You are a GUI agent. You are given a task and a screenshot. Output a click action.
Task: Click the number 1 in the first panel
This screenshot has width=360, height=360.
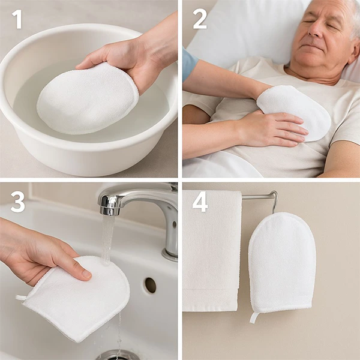coord(17,19)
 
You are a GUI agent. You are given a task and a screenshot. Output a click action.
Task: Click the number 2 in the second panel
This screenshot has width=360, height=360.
coord(200,19)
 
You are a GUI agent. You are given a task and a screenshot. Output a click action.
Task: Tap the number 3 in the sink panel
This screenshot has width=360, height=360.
coord(17,202)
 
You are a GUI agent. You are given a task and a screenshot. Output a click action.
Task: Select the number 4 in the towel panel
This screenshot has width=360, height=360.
coord(200,202)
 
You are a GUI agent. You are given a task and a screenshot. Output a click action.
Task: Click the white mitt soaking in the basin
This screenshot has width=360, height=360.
coord(84,99)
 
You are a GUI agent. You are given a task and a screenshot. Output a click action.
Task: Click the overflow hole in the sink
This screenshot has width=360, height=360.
coord(150,285)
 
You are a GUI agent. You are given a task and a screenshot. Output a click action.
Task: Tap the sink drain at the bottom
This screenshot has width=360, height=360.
coord(117,355)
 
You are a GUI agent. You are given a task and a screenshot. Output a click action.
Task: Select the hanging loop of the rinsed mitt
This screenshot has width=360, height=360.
coord(22,297)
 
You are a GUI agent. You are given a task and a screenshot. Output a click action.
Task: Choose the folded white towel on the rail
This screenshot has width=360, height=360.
coord(211,252)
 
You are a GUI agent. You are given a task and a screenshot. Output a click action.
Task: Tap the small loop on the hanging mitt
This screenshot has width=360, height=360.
coord(254,317)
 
